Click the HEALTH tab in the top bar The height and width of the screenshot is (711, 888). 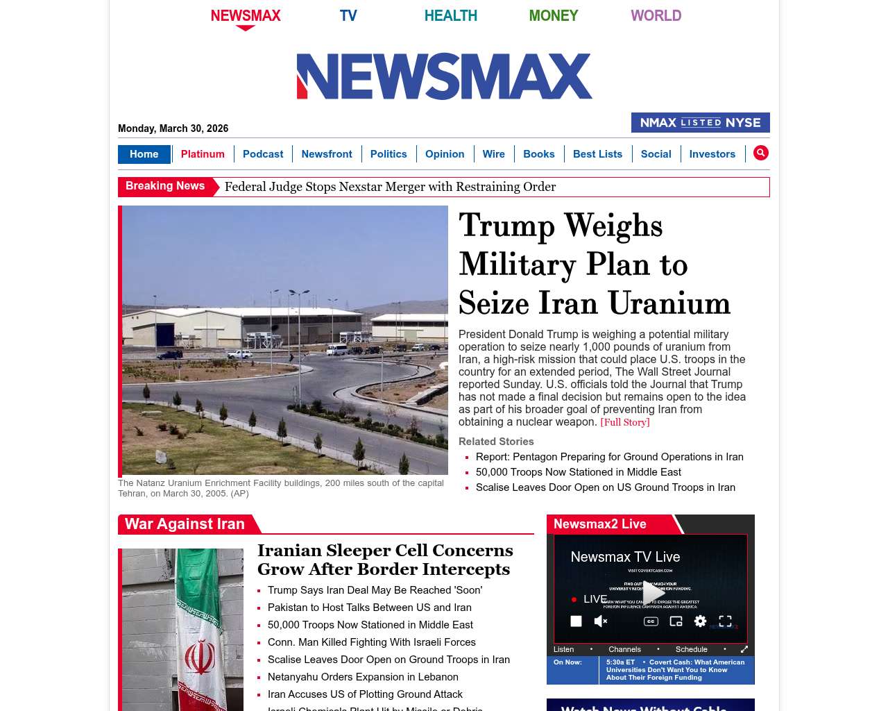click(x=450, y=15)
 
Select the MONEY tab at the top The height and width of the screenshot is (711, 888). click(x=553, y=15)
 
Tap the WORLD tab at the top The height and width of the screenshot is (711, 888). click(x=656, y=15)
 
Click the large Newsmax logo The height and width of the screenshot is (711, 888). click(x=444, y=76)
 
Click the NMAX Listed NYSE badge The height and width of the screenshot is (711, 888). click(x=700, y=123)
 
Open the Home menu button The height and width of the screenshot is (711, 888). click(x=144, y=154)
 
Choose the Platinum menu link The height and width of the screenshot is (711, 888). click(x=203, y=154)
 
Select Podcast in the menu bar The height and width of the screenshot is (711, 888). click(x=263, y=154)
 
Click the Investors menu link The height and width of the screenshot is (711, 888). click(x=712, y=154)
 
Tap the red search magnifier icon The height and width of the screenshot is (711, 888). click(x=761, y=153)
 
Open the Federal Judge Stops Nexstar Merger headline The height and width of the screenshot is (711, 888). click(x=390, y=187)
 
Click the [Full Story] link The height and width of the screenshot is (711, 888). click(x=624, y=422)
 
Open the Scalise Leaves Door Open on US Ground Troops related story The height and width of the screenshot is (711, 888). click(x=605, y=487)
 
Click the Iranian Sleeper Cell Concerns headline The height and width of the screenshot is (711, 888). click(x=385, y=560)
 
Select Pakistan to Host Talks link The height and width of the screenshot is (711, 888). click(x=369, y=608)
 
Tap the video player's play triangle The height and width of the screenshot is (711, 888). click(x=653, y=592)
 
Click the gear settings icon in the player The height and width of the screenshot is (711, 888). click(x=700, y=621)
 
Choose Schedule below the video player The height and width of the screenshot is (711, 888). click(x=691, y=649)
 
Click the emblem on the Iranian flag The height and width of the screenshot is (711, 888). click(x=200, y=658)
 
